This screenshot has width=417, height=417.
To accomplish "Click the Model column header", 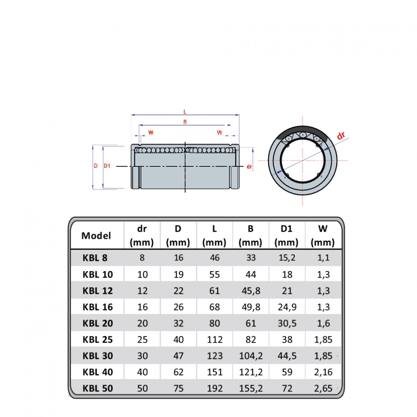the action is (96, 236).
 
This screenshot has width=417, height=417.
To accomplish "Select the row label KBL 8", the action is (95, 257).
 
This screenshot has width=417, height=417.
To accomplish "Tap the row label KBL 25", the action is (97, 339).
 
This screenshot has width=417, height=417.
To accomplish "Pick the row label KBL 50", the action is (97, 388).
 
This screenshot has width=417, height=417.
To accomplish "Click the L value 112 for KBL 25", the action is (214, 339).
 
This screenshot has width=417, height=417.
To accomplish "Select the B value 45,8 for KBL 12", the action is (251, 290).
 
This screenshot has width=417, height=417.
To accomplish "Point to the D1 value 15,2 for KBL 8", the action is (287, 257).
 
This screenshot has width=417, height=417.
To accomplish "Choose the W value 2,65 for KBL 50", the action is (323, 388).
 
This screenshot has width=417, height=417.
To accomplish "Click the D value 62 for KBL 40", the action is (178, 372).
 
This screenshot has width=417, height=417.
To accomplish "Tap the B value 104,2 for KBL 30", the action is (251, 356).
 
